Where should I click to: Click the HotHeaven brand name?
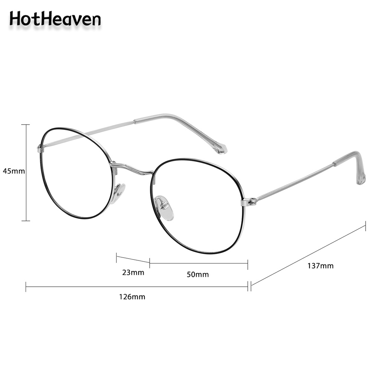[x=55, y=19]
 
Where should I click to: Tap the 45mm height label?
[x=14, y=171]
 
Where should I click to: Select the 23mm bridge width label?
[x=133, y=273]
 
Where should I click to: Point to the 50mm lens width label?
[x=197, y=275]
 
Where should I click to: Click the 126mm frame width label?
[x=132, y=297]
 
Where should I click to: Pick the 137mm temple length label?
[x=320, y=266]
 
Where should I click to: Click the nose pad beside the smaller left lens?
[x=119, y=192]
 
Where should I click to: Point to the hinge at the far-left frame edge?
[x=40, y=149]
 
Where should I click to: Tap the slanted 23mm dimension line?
[x=133, y=259]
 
